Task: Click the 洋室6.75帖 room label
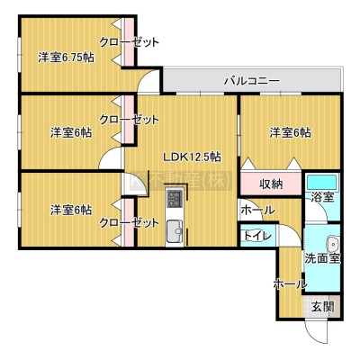click(x=66, y=57)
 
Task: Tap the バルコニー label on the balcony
click(x=252, y=81)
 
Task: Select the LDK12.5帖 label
click(x=192, y=157)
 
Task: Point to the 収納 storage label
click(x=271, y=184)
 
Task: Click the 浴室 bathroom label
click(x=322, y=197)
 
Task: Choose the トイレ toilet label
click(x=256, y=236)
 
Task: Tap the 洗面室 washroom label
click(x=322, y=258)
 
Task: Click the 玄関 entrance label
click(x=322, y=307)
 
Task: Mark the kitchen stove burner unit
click(x=175, y=199)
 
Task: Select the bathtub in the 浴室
click(x=322, y=182)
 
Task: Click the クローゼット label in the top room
click(x=129, y=42)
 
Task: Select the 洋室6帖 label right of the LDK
click(x=290, y=132)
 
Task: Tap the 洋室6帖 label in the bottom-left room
click(x=71, y=210)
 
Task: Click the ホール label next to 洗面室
click(x=290, y=283)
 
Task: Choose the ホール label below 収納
click(x=257, y=210)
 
